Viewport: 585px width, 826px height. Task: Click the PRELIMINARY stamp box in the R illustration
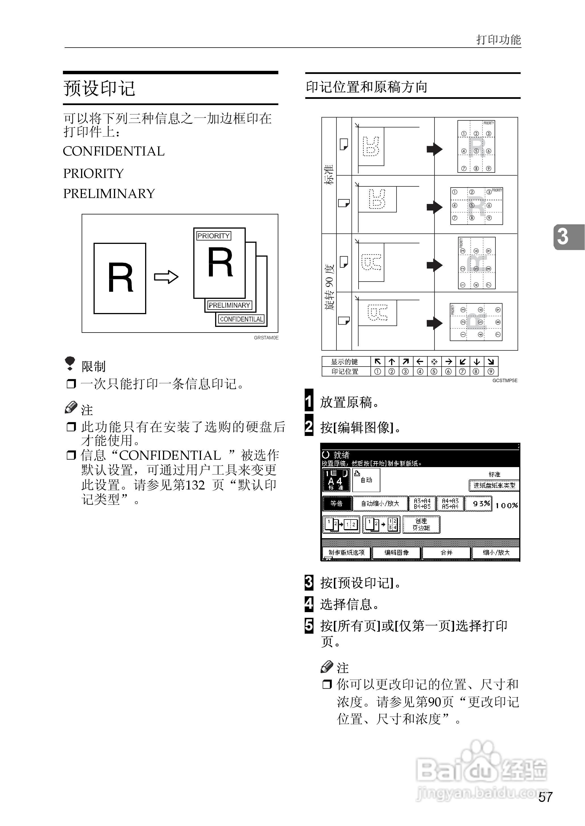pos(229,305)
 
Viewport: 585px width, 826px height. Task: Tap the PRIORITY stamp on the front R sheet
pos(213,236)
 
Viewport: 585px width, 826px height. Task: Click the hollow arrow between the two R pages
pos(166,277)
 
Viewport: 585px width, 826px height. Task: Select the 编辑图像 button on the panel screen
pos(396,552)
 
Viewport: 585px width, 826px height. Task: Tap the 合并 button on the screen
pos(446,552)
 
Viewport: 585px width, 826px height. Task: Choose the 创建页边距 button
pos(421,524)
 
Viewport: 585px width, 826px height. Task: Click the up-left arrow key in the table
pos(378,361)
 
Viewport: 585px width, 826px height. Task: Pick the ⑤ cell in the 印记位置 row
pos(434,371)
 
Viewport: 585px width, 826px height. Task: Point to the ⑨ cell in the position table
pos(491,371)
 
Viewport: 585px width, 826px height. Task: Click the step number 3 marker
pos(309,582)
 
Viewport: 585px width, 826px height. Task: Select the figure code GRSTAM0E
pos(266,338)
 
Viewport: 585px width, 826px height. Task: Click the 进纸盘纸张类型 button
pos(494,485)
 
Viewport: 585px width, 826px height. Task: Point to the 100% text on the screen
pos(506,505)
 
